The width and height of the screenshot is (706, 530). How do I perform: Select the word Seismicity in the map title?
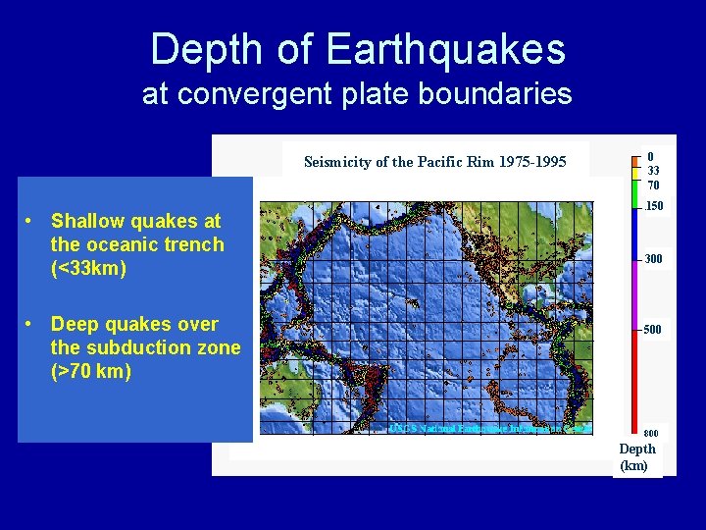coord(337,162)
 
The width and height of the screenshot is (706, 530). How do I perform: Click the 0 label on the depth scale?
coord(650,156)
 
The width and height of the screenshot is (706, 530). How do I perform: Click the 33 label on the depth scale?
coord(653,171)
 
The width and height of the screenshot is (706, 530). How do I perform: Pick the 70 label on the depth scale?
coord(653,185)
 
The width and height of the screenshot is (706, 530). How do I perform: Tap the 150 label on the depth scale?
coord(654,207)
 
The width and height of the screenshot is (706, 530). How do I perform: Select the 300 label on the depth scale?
coord(653,259)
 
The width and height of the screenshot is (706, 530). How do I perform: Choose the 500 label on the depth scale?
coord(653,330)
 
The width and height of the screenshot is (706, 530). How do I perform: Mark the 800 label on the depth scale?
coord(651,433)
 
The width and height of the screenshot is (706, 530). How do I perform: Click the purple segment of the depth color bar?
coord(634,294)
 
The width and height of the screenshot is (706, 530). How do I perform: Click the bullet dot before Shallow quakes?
coord(32,222)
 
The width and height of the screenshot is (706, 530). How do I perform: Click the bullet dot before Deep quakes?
coord(32,325)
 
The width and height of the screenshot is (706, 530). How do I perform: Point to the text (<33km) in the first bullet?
coord(88,268)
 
